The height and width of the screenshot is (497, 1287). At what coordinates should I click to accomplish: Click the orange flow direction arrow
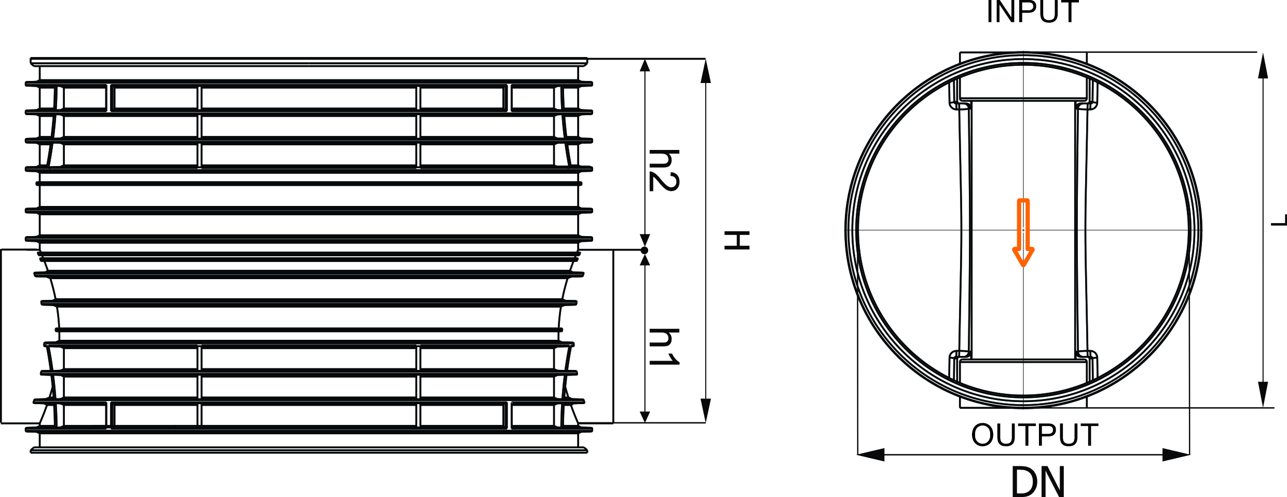(x=1023, y=232)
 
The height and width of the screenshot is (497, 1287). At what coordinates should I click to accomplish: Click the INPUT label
(x=1033, y=11)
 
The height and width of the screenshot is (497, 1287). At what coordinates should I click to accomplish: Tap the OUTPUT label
(x=1035, y=435)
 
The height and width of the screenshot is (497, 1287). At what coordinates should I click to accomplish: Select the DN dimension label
(x=1038, y=481)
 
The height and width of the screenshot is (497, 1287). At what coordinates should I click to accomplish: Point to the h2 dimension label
(x=664, y=170)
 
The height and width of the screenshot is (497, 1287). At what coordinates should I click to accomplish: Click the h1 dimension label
(x=664, y=347)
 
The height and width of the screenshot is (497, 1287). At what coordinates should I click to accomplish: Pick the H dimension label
(x=737, y=240)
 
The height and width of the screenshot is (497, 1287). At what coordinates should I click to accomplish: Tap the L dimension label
(x=1279, y=220)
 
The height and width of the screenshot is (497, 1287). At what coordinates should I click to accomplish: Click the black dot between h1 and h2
(x=645, y=251)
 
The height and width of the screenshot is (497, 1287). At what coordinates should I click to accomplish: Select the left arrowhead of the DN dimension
(x=871, y=455)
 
